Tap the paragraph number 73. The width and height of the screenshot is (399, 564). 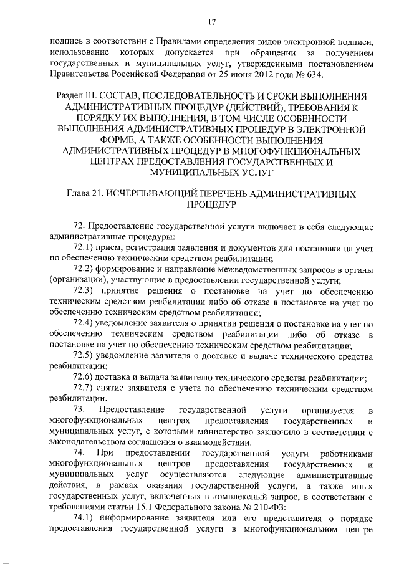79,410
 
